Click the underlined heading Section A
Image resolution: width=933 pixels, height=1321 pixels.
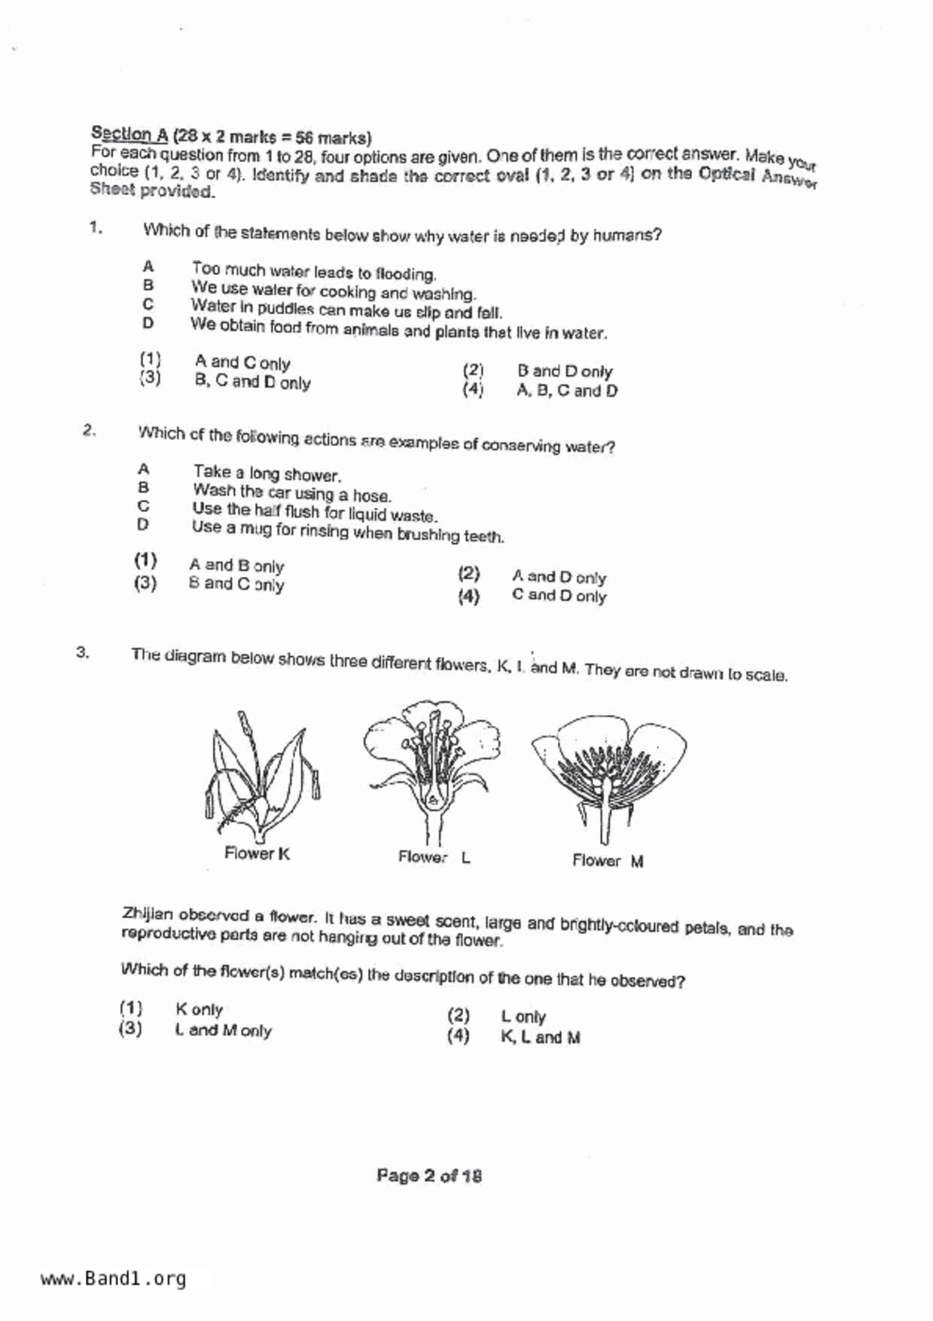[129, 134]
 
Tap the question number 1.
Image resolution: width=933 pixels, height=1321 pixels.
[95, 227]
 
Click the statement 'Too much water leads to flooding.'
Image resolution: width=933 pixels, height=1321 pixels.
[313, 271]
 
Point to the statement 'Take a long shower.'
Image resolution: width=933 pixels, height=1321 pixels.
[267, 473]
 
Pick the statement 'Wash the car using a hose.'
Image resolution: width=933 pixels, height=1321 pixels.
[291, 493]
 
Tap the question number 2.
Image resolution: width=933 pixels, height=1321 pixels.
[89, 431]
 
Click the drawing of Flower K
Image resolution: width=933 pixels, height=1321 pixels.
[259, 776]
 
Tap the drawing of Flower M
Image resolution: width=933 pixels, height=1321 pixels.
[608, 776]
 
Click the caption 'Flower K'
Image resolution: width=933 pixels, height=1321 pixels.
[257, 853]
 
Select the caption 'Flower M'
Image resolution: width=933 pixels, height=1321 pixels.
[607, 861]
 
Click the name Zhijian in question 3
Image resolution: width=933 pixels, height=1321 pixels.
[148, 914]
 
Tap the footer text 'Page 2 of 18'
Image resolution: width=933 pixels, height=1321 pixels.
[429, 1176]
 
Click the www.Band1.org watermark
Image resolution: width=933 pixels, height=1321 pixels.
[113, 1279]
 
